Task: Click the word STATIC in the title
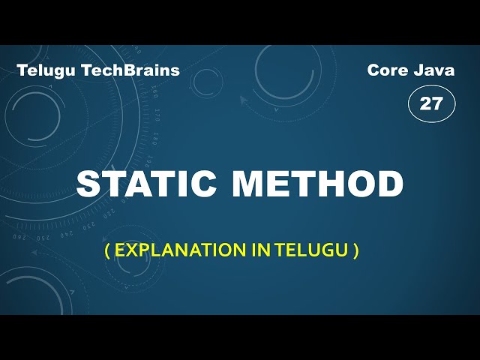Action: click(147, 184)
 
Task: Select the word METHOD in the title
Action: click(318, 184)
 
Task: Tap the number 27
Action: click(431, 103)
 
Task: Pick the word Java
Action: click(435, 70)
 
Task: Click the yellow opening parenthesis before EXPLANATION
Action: click(107, 250)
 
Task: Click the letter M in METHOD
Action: click(250, 184)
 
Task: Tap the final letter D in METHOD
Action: click(388, 184)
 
